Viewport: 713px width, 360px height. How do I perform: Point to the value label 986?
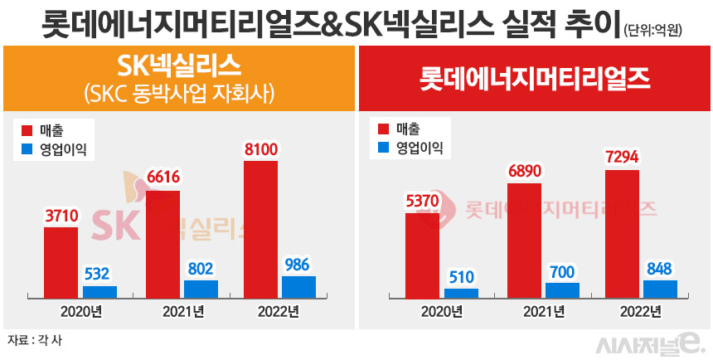click(x=298, y=265)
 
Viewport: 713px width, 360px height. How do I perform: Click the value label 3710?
click(x=61, y=216)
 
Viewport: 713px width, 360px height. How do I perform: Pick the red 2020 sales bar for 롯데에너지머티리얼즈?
click(x=422, y=254)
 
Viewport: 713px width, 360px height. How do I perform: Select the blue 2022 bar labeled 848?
click(x=660, y=288)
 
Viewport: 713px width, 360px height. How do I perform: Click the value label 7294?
click(x=622, y=157)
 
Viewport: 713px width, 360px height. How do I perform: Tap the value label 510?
click(x=461, y=277)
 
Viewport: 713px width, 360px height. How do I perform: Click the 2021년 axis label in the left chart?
click(x=181, y=312)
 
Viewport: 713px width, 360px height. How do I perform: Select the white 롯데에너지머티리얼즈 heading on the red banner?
click(x=535, y=79)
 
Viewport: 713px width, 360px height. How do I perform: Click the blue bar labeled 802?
click(x=201, y=289)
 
